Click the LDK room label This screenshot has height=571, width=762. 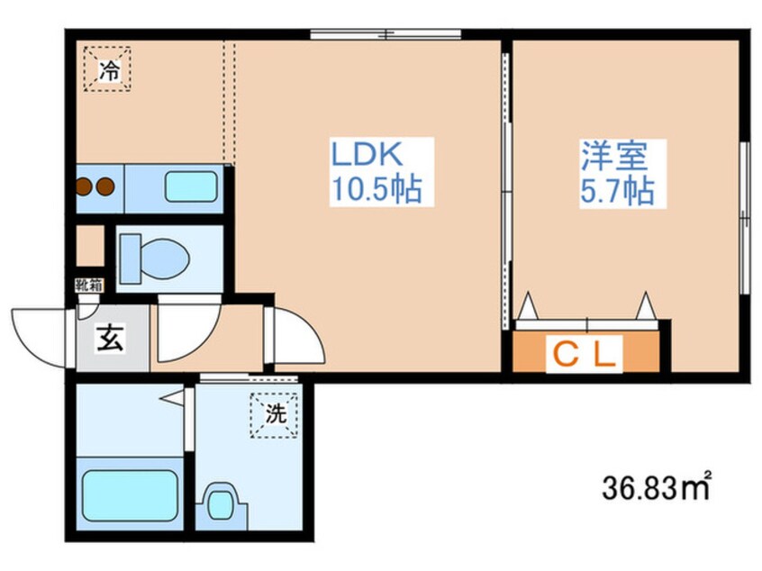(x=367, y=154)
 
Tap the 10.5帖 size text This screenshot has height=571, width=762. (x=376, y=188)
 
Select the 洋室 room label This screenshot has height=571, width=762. (x=615, y=156)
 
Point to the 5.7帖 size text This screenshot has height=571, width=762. (x=617, y=190)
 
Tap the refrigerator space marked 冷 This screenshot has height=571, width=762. (x=107, y=69)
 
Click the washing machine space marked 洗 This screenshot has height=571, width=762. (x=274, y=415)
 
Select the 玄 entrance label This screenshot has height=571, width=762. (x=110, y=339)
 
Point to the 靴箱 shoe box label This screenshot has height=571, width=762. (x=89, y=285)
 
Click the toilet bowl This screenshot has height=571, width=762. (x=155, y=259)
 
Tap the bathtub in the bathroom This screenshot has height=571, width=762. (x=130, y=494)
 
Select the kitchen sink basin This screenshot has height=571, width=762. (x=191, y=186)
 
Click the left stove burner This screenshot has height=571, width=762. (x=85, y=186)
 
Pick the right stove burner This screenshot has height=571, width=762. (x=105, y=186)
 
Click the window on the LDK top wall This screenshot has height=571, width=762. (x=386, y=34)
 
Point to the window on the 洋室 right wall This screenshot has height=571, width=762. (x=745, y=218)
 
